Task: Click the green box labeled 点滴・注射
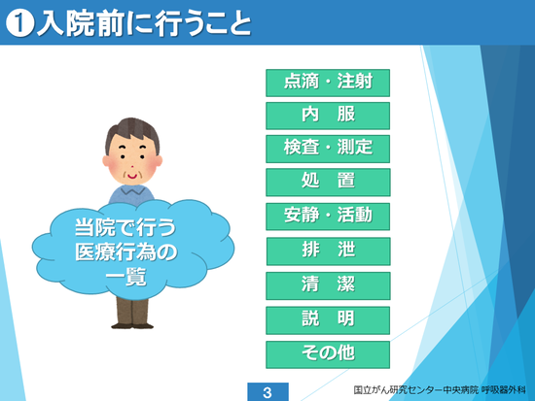tap(328, 83)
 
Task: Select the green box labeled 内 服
tap(328, 116)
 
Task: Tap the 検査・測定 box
tap(328, 149)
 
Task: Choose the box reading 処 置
tap(328, 183)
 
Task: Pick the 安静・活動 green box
tap(328, 217)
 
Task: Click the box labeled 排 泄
tap(328, 251)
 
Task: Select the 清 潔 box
tap(328, 285)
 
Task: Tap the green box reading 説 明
tap(328, 320)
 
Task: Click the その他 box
tap(328, 354)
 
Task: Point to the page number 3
tap(267, 392)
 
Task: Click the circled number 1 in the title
tap(19, 23)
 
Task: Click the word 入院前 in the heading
tap(80, 23)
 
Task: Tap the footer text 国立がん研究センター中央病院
tap(416, 389)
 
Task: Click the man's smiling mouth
tap(132, 176)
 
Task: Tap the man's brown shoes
tap(132, 325)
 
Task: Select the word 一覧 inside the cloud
tap(125, 277)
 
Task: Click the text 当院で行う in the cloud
tap(125, 227)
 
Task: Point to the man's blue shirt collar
tap(131, 189)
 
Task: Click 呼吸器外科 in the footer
tap(504, 389)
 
